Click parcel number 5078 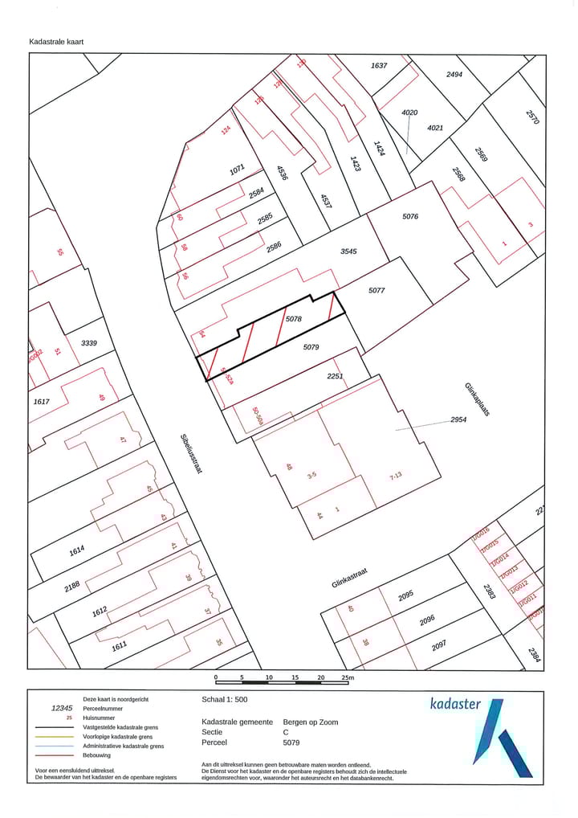coord(293,319)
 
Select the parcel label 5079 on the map coord(311,348)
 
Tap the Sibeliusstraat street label coord(191,454)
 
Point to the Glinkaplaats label coord(476,399)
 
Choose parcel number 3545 coord(348,252)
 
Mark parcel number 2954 coord(458,419)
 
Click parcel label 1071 coord(237,170)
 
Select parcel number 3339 coord(88,343)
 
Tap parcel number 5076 coord(409,216)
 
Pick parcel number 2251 coord(335,376)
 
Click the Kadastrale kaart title coord(56,41)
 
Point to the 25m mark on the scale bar coord(347,677)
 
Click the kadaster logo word coord(455,705)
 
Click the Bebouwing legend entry coord(97,755)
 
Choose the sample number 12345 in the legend coord(62,708)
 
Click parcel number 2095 coord(405,595)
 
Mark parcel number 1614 coord(76,550)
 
